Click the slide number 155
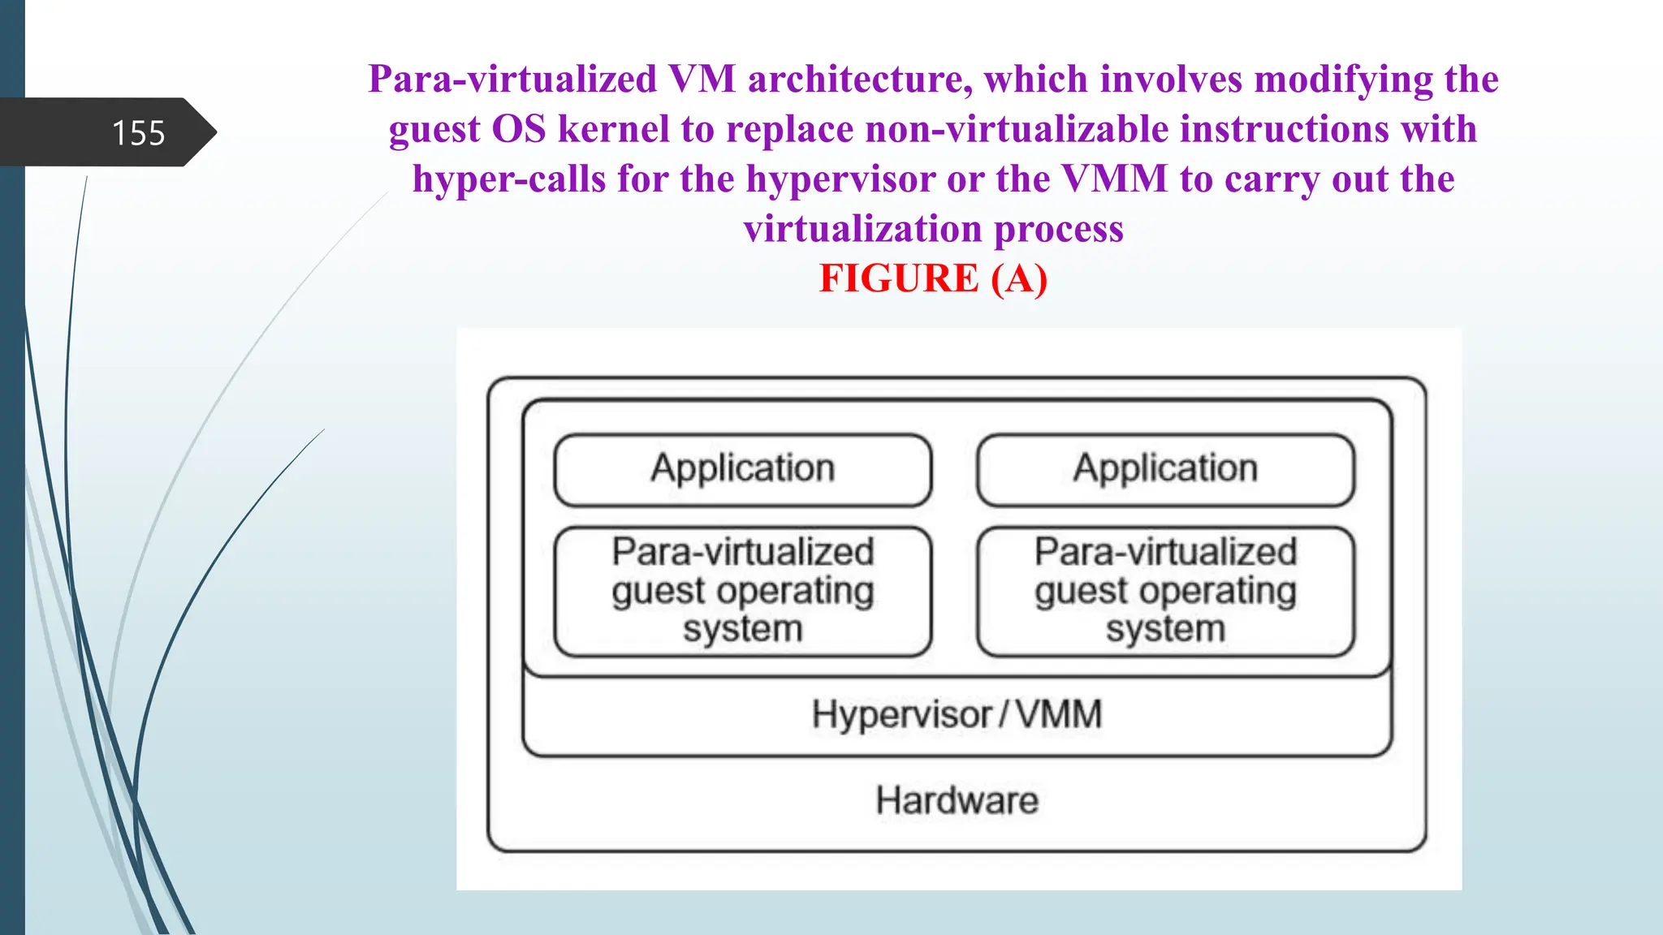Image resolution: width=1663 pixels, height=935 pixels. coord(138,133)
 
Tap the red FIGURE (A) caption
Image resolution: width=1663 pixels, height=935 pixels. coord(933,278)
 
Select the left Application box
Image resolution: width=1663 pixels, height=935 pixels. coord(742,470)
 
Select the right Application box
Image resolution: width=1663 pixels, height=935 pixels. coord(1165,470)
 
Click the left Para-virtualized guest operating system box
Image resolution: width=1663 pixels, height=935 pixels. coord(742,591)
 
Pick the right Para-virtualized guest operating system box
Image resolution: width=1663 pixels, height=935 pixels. coord(1165,591)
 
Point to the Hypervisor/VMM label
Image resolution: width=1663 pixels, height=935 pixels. coord(957,715)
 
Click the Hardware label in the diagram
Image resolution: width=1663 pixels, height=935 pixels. coord(957,800)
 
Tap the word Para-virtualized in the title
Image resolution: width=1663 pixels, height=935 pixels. coord(512,80)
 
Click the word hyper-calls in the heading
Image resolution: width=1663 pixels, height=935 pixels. coord(509,179)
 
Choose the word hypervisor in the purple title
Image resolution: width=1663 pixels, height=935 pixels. coord(840,179)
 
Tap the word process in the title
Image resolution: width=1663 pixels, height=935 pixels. coord(1059,229)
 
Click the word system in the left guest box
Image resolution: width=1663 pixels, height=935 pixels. coord(742,629)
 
